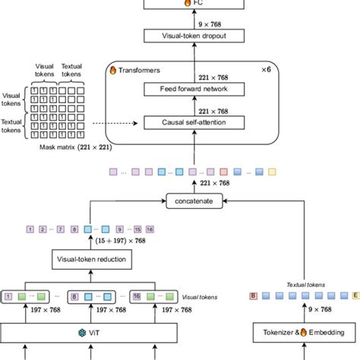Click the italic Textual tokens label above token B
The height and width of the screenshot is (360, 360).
(x=306, y=283)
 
